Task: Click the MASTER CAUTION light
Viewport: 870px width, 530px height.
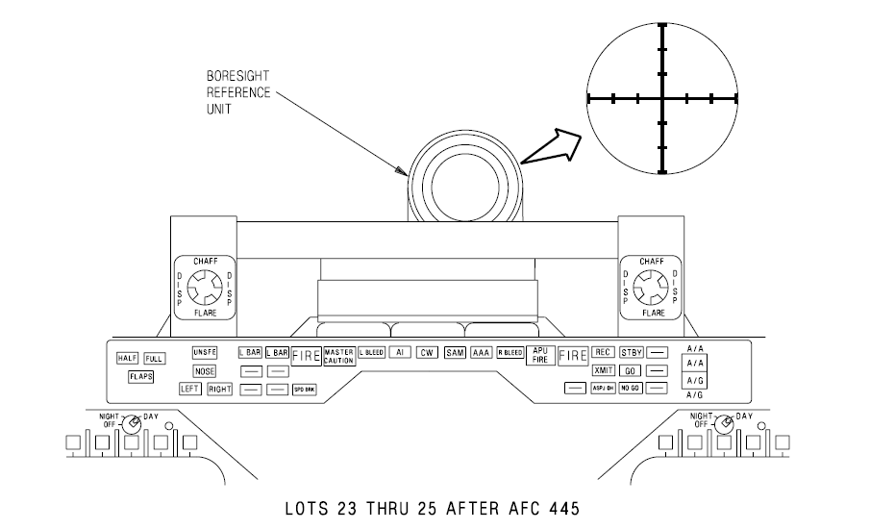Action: tap(340, 355)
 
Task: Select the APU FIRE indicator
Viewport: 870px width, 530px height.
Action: tap(539, 355)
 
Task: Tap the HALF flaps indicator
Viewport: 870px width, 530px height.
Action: tap(128, 358)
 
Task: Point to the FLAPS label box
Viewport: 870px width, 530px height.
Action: tap(141, 376)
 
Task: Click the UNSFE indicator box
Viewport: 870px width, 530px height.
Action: tap(206, 352)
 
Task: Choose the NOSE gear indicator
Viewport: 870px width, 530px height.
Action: tap(205, 370)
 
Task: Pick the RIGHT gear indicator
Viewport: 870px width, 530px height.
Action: tap(221, 389)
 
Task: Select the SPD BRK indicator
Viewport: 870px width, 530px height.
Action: tap(305, 389)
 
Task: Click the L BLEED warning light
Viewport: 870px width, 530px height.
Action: tap(371, 353)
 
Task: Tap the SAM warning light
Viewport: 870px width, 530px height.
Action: tap(455, 353)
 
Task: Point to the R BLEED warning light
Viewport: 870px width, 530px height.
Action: tap(510, 353)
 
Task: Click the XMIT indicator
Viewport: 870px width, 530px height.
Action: tap(604, 370)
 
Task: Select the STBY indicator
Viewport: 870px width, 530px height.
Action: tap(631, 352)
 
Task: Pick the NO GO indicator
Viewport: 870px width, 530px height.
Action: tap(631, 388)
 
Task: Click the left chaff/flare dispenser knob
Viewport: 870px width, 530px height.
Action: tap(203, 287)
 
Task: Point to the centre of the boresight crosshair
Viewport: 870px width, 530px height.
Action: tap(661, 97)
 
